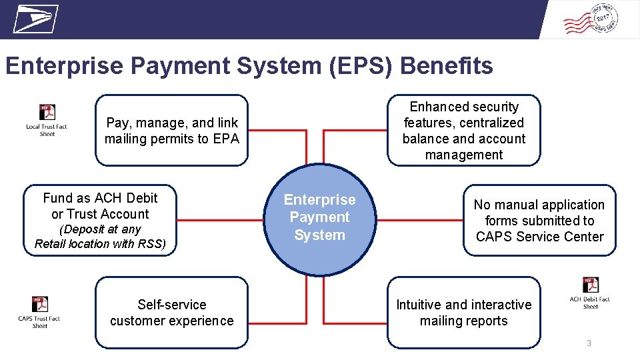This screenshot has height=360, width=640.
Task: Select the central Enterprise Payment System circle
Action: (320, 217)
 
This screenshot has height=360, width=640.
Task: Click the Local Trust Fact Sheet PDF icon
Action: (47, 113)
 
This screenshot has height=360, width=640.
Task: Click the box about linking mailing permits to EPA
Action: (171, 131)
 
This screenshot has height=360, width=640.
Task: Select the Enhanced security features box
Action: (464, 131)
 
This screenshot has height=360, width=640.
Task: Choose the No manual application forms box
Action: (539, 220)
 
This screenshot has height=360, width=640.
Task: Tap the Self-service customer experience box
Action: (171, 313)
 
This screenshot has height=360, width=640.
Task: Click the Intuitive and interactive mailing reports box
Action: (464, 313)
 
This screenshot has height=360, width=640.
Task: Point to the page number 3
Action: (589, 343)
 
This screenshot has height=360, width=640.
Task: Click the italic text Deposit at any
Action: (100, 229)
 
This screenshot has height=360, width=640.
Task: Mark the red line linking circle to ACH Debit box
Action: (221, 220)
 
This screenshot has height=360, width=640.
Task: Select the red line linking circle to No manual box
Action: (420, 220)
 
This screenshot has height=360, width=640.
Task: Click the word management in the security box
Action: (464, 155)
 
